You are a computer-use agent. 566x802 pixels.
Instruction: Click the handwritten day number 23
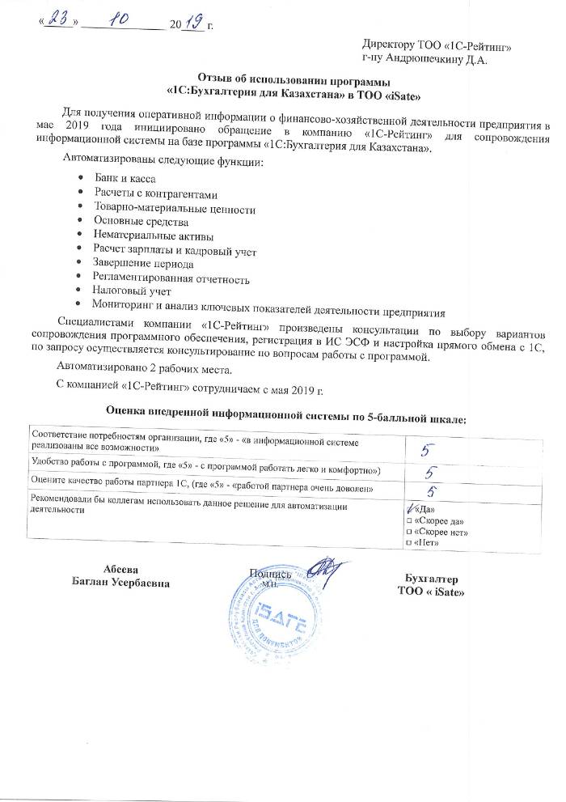57,25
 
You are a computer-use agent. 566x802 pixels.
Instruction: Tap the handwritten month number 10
125,24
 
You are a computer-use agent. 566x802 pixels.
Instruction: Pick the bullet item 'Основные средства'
141,221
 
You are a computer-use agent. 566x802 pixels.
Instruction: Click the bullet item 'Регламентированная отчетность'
171,278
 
